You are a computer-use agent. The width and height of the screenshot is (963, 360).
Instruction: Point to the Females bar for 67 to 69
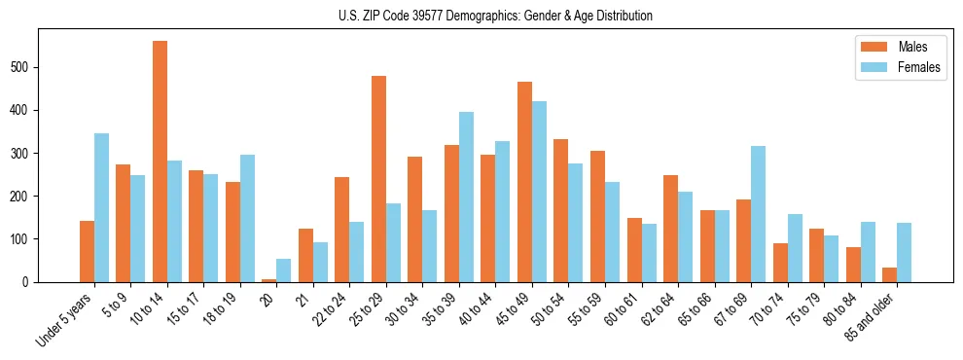pos(758,214)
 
